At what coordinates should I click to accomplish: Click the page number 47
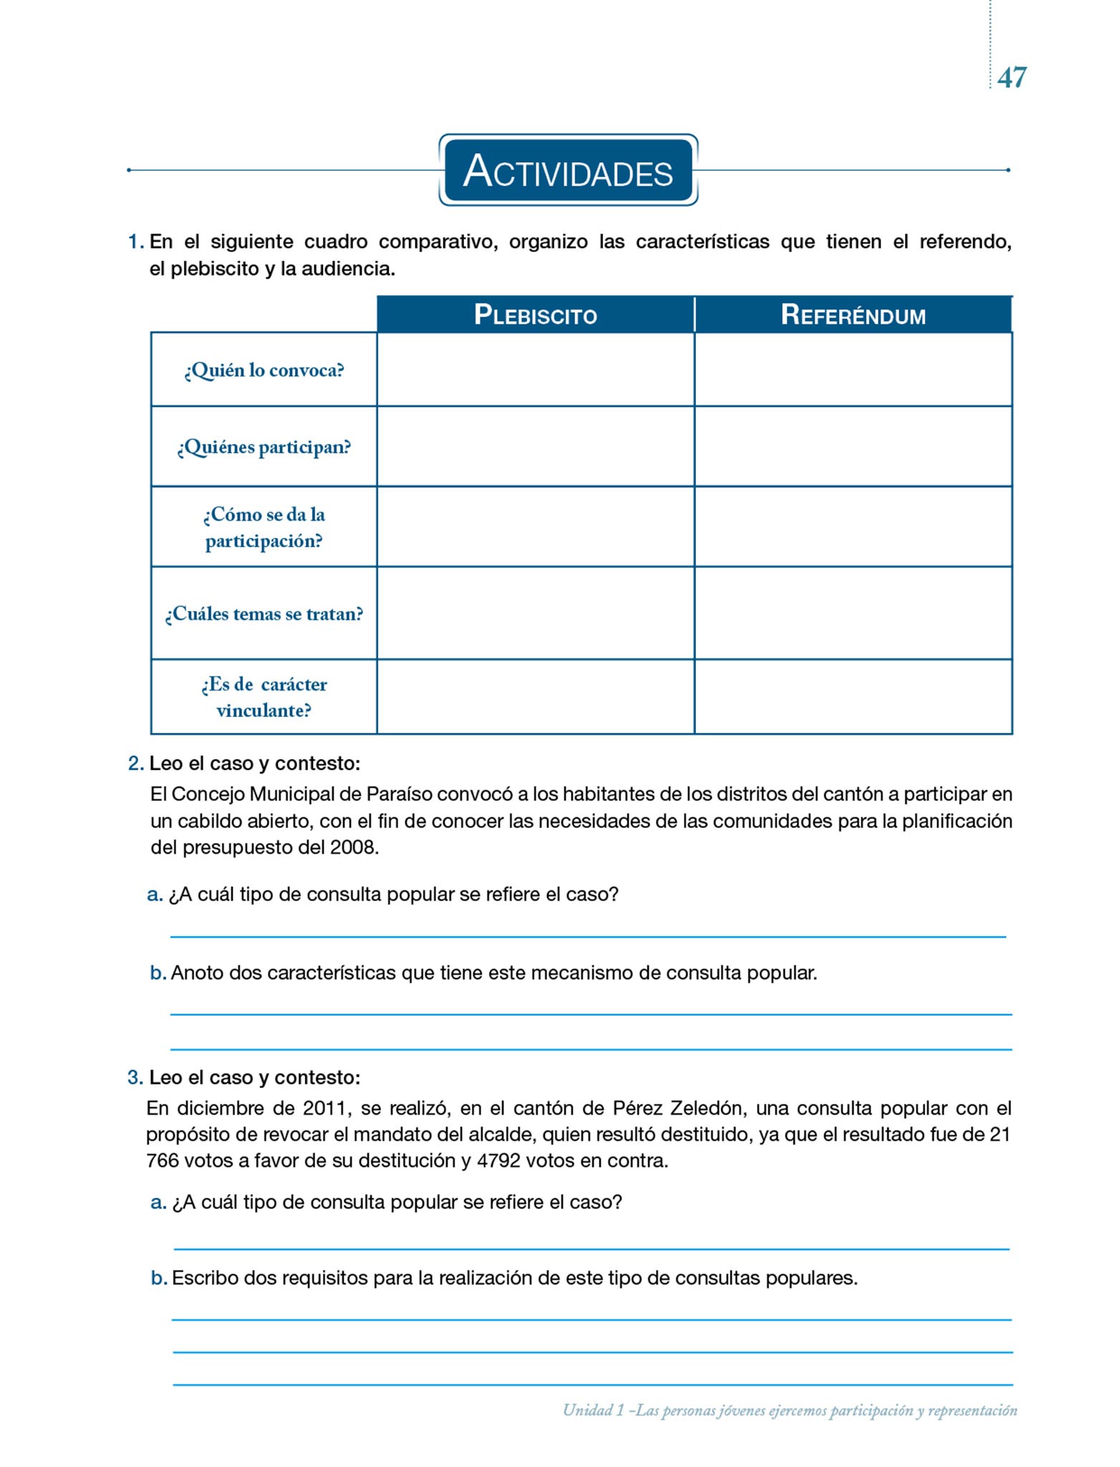[x=1011, y=77]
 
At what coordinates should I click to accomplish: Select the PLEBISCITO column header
[x=535, y=315]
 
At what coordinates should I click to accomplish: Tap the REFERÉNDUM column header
[x=853, y=315]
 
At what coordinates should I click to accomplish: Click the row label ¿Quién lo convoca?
[x=264, y=370]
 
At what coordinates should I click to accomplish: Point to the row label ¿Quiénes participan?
[x=264, y=448]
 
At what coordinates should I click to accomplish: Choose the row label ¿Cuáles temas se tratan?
[x=264, y=614]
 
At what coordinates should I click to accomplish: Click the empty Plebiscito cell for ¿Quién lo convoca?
[x=535, y=370]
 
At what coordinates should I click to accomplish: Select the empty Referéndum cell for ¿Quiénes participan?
[x=853, y=446]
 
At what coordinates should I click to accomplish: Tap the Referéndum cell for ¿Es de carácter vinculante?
[x=853, y=696]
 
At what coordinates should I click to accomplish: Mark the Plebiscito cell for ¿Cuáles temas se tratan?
[x=535, y=613]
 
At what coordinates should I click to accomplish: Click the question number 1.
[x=135, y=242]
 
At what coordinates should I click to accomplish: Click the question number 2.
[x=135, y=764]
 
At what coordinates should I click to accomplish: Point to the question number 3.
[x=135, y=1077]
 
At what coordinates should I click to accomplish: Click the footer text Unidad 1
[x=593, y=1410]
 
